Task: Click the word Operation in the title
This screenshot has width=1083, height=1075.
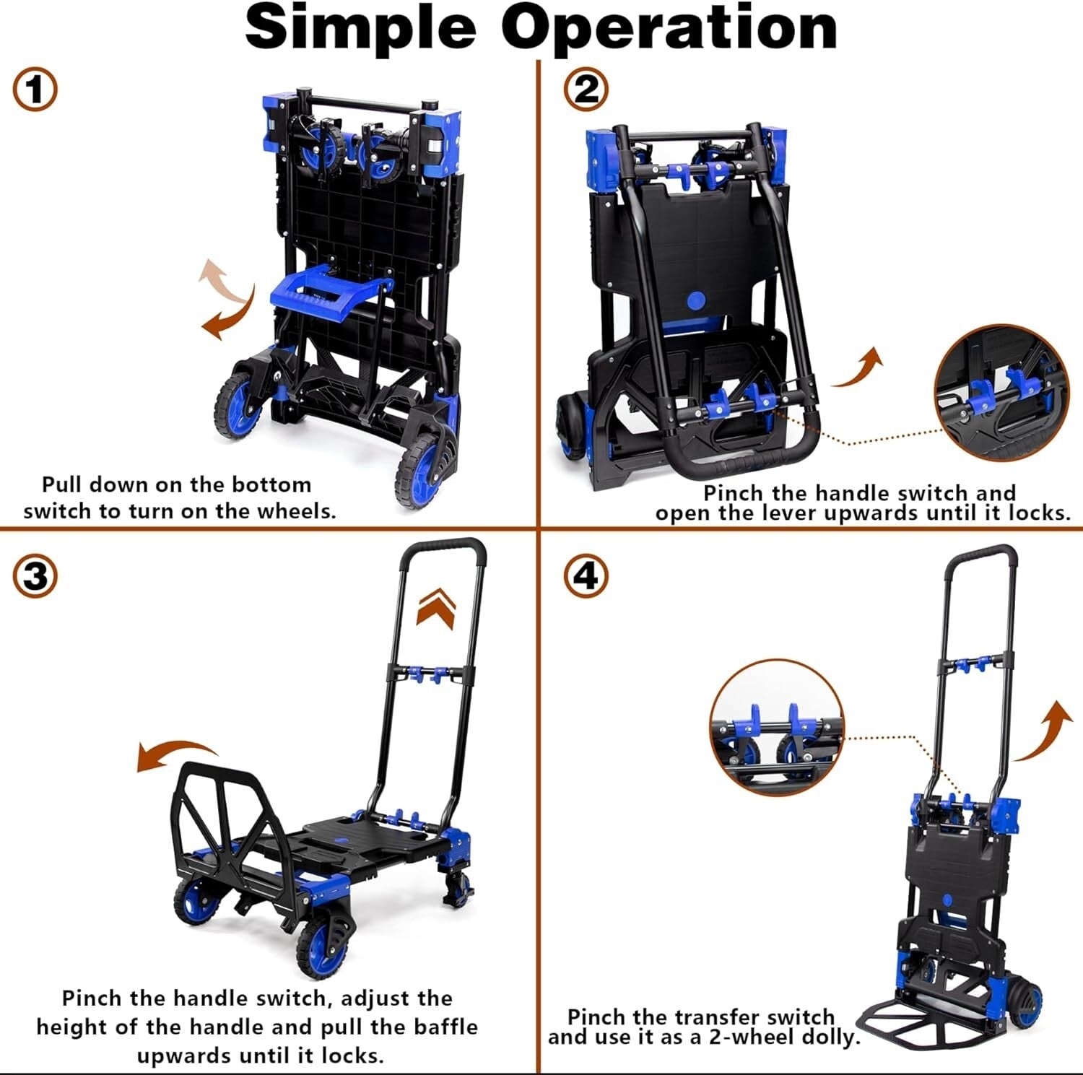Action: (669, 29)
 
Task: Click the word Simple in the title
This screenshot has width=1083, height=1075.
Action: (361, 29)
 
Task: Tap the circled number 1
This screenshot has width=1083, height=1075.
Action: (35, 90)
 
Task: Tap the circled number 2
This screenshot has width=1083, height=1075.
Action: (586, 90)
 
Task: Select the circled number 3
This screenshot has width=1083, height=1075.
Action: (35, 577)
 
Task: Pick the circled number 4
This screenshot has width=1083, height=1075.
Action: (586, 577)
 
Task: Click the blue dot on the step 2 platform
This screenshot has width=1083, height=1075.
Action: (697, 300)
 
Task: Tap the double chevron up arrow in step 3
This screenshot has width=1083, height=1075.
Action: (436, 607)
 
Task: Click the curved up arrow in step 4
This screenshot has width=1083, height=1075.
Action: (1044, 732)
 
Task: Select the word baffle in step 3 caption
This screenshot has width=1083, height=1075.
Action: (445, 1027)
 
